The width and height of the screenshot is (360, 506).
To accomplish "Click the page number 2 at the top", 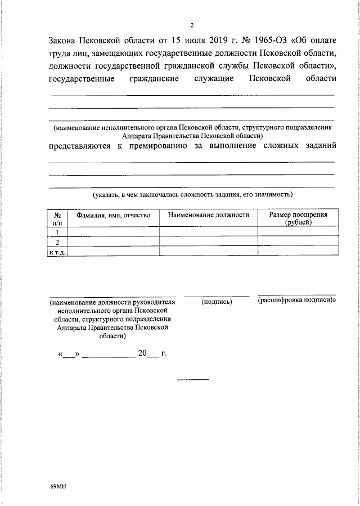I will tap(192, 25).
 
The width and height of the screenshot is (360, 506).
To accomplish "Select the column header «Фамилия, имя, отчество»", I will tap(114, 215).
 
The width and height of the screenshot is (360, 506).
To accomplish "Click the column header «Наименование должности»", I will tap(208, 215).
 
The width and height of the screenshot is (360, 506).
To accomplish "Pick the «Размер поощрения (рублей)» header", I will tap(298, 218).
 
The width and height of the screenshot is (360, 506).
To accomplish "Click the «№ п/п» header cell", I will tap(57, 218).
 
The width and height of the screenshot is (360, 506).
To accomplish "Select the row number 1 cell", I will tap(57, 232).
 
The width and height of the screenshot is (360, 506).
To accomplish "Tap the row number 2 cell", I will tap(57, 242).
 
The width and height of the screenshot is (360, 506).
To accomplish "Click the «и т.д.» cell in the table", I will tap(57, 252).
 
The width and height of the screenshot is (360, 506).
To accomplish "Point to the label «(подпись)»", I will tap(217, 302).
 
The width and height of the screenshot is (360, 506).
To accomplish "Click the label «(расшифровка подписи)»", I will tap(296, 301).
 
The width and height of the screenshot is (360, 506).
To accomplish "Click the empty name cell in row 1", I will tap(114, 232).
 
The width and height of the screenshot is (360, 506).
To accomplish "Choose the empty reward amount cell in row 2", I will tap(298, 242).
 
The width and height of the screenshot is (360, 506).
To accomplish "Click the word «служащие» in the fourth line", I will tap(214, 79).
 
